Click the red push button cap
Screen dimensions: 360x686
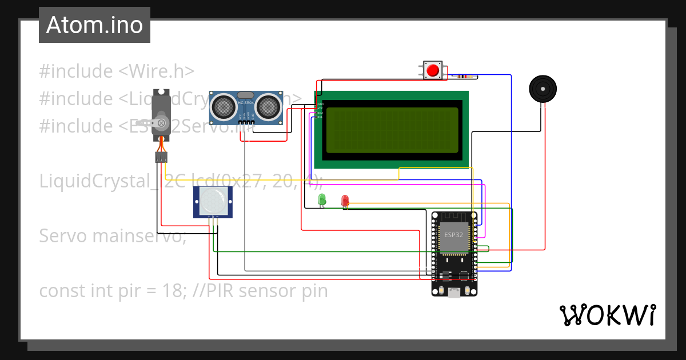(x=433, y=70)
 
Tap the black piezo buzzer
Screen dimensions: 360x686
(x=542, y=89)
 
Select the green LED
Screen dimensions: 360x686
(x=322, y=199)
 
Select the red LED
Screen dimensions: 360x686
(x=345, y=200)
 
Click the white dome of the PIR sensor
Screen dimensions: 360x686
(x=213, y=200)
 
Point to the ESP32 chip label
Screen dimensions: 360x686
(x=454, y=235)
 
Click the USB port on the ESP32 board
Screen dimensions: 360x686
(x=454, y=293)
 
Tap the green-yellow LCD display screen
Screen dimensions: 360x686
(x=392, y=130)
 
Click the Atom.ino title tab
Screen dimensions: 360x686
(x=94, y=25)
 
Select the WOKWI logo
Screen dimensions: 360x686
(x=607, y=315)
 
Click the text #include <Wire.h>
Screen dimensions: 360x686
(x=117, y=71)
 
